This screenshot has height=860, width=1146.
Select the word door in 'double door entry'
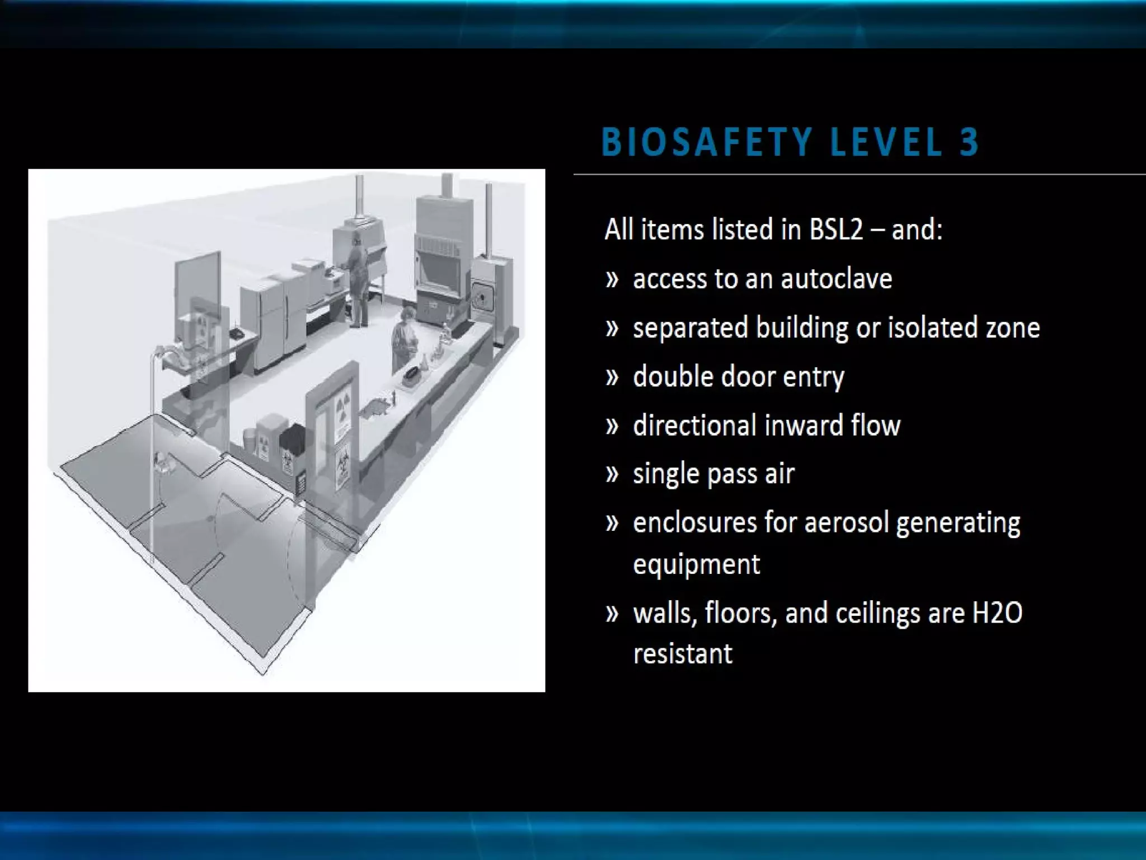(x=747, y=377)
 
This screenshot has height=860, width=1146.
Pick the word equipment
(x=696, y=564)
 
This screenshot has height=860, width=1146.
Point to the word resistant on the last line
(x=682, y=654)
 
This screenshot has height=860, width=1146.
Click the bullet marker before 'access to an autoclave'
(x=612, y=279)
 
